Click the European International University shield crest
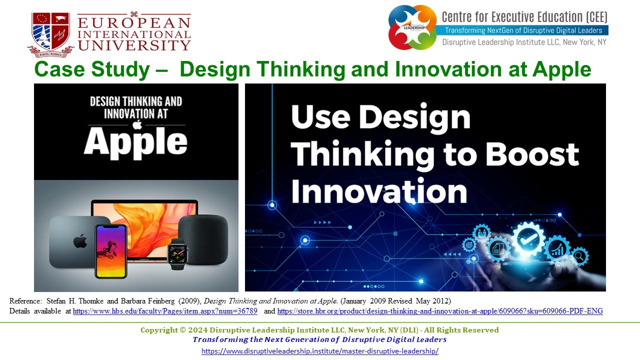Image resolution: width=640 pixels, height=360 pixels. click(50, 32)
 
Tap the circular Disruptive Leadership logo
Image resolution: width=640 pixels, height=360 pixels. click(412, 27)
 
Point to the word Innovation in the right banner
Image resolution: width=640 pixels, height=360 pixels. click(378, 192)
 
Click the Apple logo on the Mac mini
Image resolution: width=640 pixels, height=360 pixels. click(80, 242)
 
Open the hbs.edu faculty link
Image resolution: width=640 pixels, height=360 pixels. click(165, 311)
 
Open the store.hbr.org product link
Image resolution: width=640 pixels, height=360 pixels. click(439, 311)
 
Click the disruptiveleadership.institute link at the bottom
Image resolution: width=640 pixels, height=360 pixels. click(320, 351)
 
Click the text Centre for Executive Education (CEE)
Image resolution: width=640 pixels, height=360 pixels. click(524, 17)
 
